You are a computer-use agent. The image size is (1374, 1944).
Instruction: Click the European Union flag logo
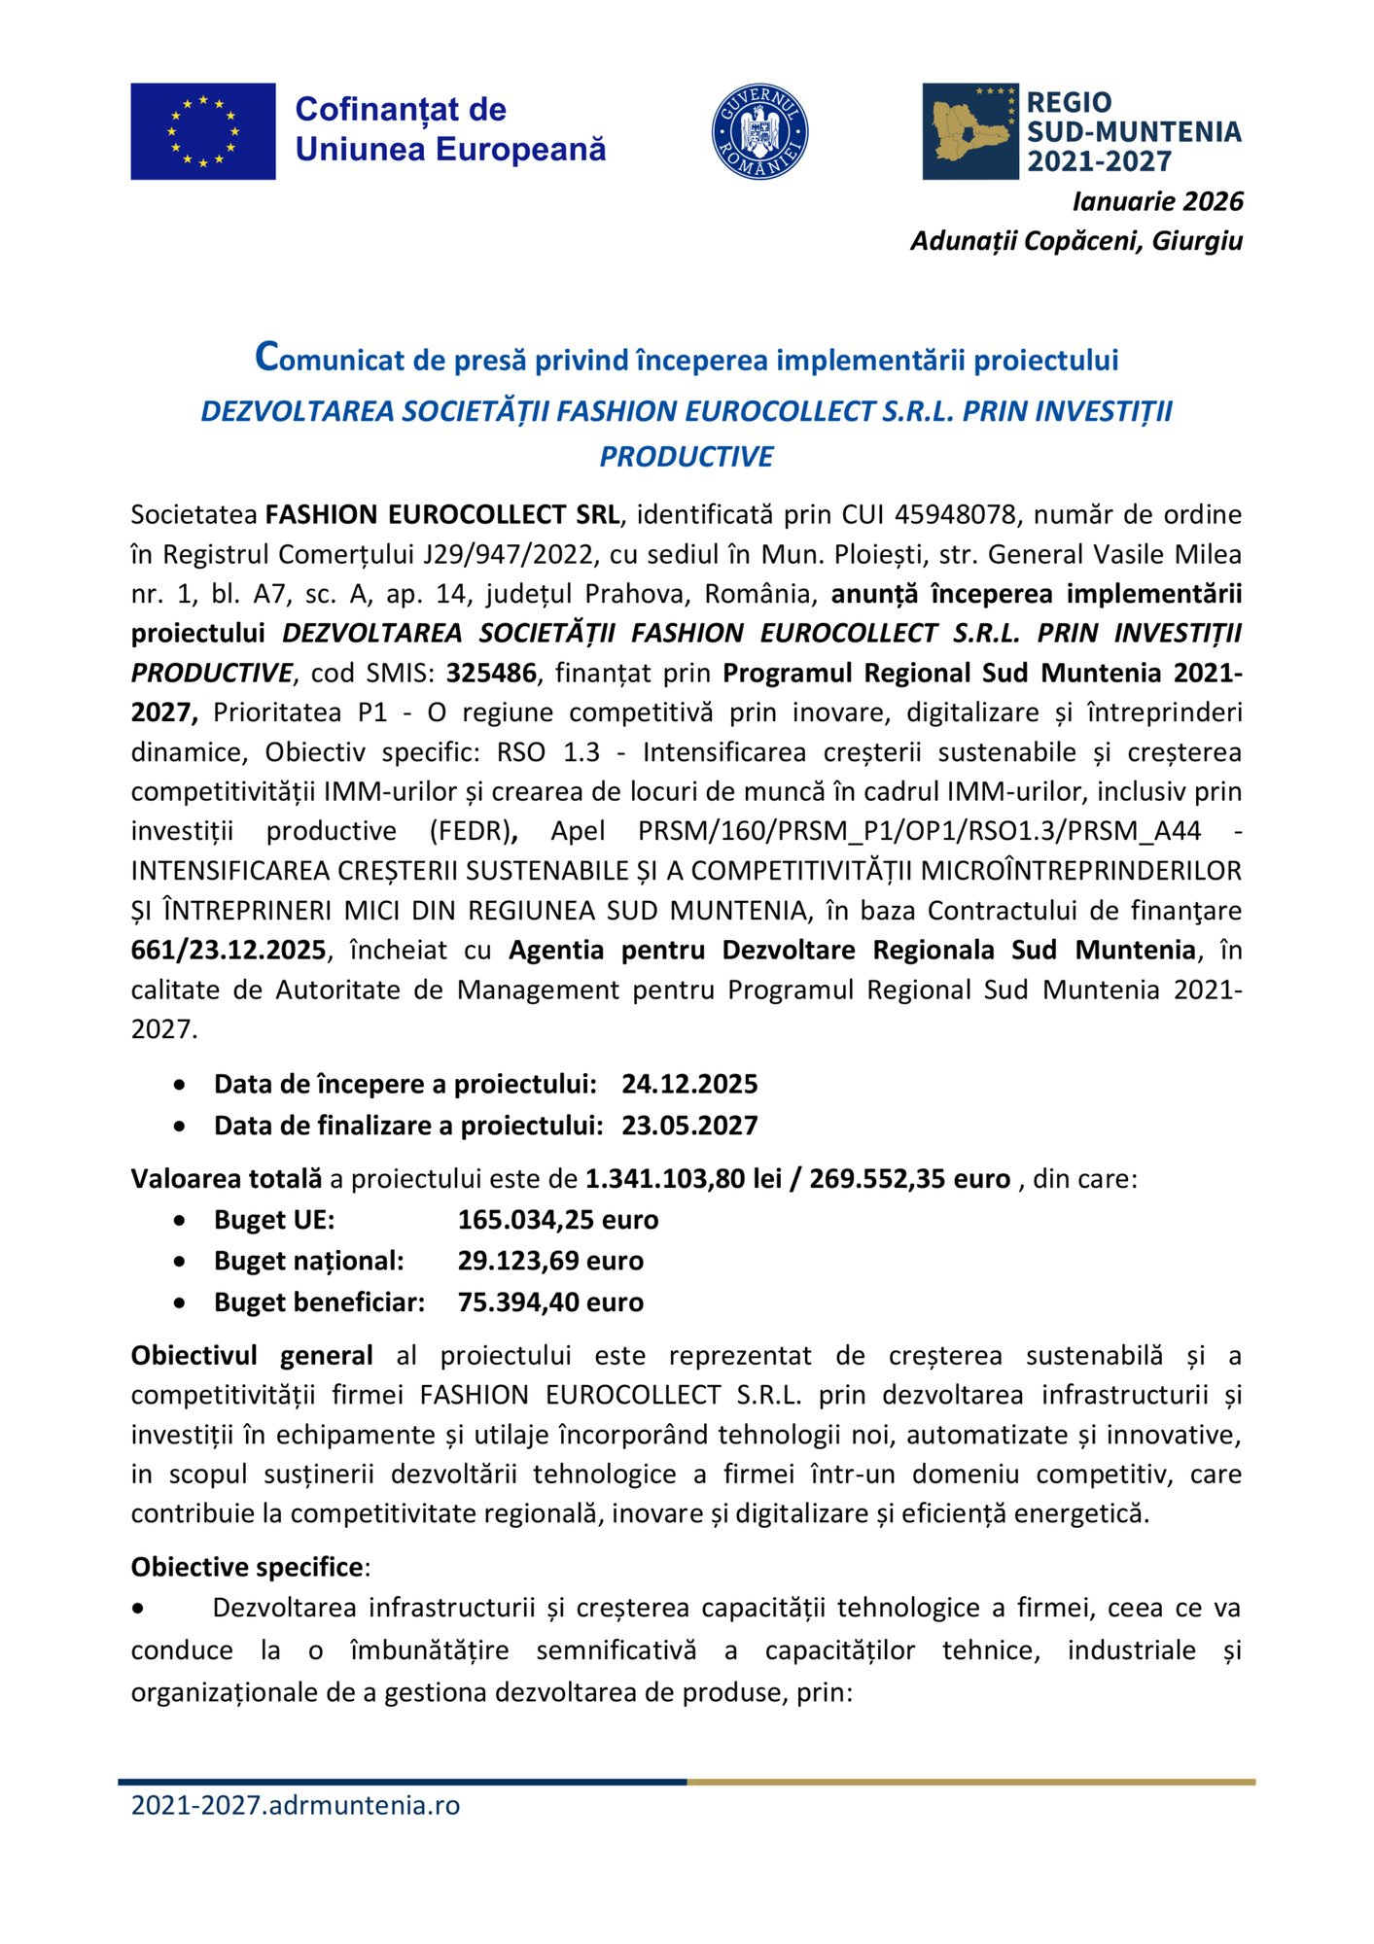pyautogui.click(x=202, y=131)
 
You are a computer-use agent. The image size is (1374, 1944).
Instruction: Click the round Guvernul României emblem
pyautogui.click(x=759, y=131)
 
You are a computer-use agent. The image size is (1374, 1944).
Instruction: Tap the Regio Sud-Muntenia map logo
pyautogui.click(x=969, y=131)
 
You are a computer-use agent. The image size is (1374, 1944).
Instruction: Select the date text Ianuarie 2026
pyautogui.click(x=1156, y=201)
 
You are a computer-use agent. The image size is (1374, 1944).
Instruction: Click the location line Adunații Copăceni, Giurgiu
pyautogui.click(x=1075, y=241)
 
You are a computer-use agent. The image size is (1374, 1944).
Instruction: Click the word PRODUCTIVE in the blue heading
pyautogui.click(x=686, y=457)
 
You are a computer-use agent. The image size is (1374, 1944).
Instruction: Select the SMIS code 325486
pyautogui.click(x=491, y=673)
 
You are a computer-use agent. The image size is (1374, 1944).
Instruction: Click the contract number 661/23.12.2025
pyautogui.click(x=229, y=950)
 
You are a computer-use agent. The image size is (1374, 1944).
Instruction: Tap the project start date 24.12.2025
pyautogui.click(x=689, y=1084)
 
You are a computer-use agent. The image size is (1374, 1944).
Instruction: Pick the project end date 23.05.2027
pyautogui.click(x=689, y=1126)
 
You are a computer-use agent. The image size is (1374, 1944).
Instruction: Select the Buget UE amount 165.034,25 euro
pyautogui.click(x=557, y=1220)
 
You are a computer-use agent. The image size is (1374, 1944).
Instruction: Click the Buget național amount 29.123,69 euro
pyautogui.click(x=550, y=1261)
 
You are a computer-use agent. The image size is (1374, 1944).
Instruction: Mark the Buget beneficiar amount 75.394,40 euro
pyautogui.click(x=550, y=1302)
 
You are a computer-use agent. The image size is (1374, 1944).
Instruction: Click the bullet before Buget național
pyautogui.click(x=179, y=1262)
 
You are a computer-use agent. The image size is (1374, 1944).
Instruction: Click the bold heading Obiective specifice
pyautogui.click(x=247, y=1567)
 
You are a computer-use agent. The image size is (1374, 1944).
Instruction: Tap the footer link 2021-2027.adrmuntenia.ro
pyautogui.click(x=295, y=1805)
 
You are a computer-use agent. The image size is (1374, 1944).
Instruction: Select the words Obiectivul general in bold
pyautogui.click(x=252, y=1356)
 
